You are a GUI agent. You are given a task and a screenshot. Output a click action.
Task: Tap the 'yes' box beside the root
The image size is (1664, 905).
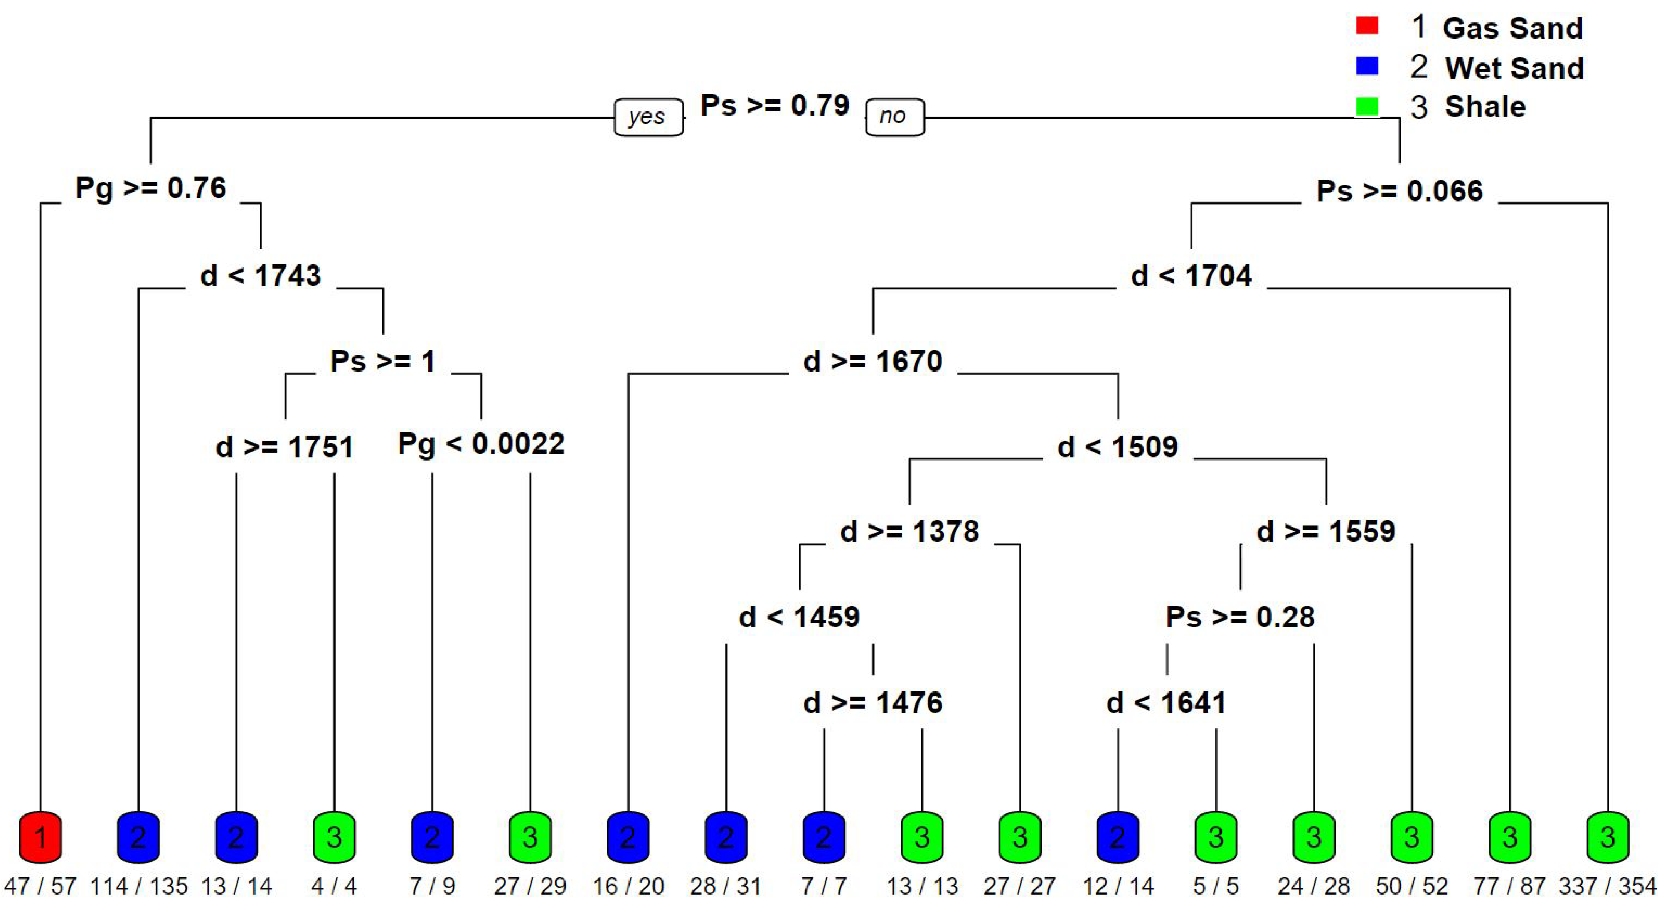(648, 117)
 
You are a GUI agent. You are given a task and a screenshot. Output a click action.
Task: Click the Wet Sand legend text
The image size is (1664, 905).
(1514, 68)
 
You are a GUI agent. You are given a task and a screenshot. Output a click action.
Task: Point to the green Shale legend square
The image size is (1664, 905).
(1367, 106)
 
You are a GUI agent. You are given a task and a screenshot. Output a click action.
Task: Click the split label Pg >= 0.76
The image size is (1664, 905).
(150, 188)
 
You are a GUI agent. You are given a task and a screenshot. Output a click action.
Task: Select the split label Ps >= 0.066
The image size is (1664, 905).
(1399, 191)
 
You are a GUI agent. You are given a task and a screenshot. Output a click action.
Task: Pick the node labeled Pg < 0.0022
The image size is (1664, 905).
(481, 444)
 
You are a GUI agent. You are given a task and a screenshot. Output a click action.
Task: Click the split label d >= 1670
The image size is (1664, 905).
(873, 361)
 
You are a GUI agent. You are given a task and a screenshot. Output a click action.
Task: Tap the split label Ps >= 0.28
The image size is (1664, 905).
(1240, 617)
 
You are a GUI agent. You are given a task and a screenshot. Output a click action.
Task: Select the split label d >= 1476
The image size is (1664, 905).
(873, 703)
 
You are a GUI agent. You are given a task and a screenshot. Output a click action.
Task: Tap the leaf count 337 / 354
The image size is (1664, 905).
(1607, 886)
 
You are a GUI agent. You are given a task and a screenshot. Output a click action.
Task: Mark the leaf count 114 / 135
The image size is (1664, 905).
(139, 886)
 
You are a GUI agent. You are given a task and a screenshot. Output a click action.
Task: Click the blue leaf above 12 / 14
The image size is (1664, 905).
(1118, 837)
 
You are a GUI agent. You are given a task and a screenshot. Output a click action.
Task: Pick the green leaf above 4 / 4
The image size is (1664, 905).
(334, 837)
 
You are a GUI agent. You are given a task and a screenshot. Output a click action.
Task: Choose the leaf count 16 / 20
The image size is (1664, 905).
(628, 886)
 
